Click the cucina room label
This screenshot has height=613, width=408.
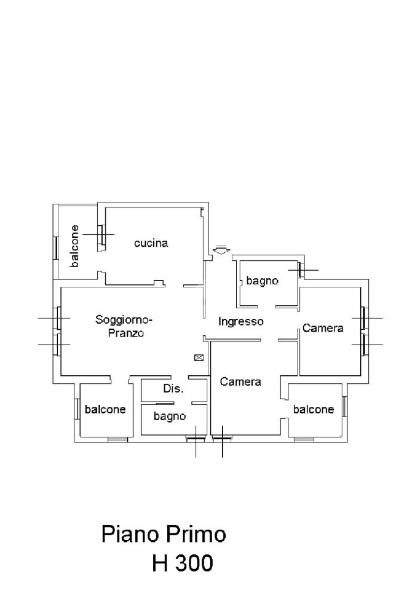(151, 243)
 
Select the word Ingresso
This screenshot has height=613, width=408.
(241, 322)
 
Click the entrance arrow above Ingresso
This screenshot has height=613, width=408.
(221, 250)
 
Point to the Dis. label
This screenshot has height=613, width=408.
(173, 388)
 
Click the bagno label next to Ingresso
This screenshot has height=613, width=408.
(262, 281)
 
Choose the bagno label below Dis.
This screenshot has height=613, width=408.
(170, 416)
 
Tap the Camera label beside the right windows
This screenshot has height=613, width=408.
(323, 328)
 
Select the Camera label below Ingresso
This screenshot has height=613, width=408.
(240, 382)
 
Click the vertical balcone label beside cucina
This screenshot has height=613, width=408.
(74, 246)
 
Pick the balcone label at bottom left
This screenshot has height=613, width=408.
(105, 409)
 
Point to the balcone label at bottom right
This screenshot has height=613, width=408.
(314, 409)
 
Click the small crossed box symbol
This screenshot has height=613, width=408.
(199, 357)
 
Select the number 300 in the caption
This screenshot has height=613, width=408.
(194, 563)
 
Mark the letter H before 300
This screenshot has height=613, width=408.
(159, 563)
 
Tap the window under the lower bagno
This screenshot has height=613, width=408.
(195, 439)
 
